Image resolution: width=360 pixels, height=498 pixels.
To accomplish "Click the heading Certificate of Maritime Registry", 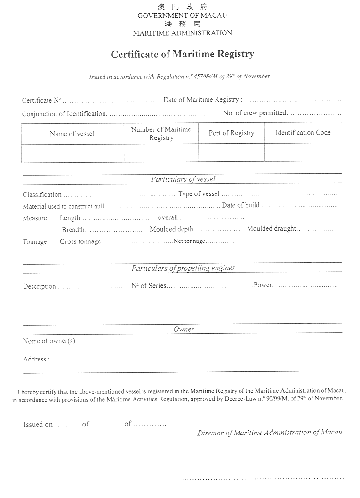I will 182,54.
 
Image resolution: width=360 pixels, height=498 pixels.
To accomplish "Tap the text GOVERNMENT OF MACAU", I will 182,16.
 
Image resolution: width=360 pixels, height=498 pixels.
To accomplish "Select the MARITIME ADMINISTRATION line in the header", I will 182,33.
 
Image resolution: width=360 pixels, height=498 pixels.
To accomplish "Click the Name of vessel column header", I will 72,134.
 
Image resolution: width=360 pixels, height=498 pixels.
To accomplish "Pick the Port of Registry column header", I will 231,133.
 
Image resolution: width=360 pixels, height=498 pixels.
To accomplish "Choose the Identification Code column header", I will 303,133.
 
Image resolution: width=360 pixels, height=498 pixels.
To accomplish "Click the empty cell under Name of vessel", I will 72,153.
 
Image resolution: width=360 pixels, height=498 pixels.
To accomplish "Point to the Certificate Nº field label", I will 42,100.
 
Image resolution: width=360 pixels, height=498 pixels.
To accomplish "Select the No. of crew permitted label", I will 256,113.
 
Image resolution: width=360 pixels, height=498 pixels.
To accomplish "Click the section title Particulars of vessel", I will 183,179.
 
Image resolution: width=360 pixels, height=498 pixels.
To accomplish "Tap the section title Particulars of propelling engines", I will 183,268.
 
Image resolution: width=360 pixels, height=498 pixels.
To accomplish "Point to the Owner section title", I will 184,329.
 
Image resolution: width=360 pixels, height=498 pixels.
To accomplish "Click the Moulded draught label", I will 272,229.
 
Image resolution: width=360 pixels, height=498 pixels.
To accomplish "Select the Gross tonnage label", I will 80,241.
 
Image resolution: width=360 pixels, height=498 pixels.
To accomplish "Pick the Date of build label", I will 240,205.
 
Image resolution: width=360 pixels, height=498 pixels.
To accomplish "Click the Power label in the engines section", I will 263,285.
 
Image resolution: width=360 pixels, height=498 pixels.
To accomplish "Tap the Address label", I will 35,359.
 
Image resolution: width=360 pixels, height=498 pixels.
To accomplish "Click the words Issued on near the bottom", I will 38,425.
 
